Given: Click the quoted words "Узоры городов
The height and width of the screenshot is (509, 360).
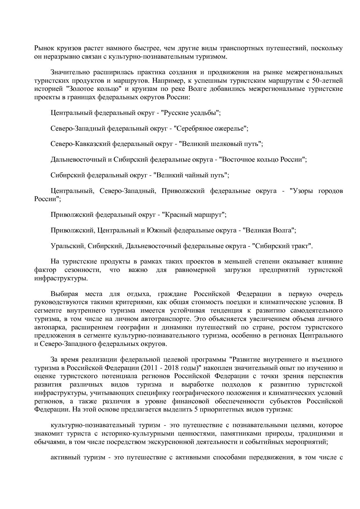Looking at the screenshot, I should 316,191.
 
